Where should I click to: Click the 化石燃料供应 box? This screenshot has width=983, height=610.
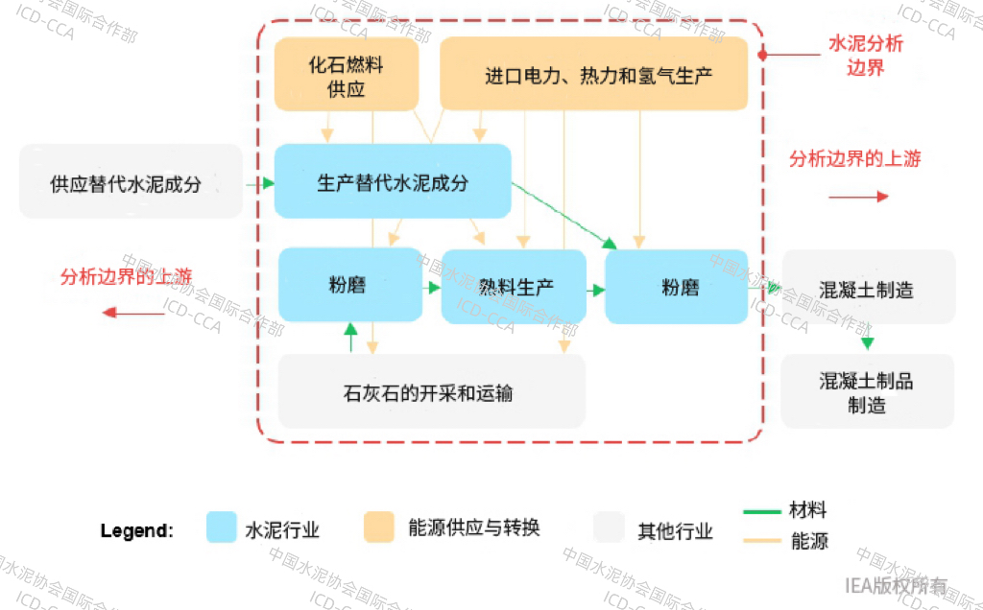[346, 75]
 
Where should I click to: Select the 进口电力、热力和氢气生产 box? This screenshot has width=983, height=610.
[593, 75]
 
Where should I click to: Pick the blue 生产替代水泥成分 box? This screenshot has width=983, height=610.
[392, 181]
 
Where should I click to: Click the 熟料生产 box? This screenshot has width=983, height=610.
[514, 286]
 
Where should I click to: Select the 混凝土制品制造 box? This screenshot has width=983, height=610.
[868, 391]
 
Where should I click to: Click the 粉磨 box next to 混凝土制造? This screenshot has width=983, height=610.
[677, 286]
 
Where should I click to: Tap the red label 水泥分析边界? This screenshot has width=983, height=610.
[866, 56]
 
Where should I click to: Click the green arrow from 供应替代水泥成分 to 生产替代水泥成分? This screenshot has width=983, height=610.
[258, 181]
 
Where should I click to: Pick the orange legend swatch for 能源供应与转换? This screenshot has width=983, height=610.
[378, 528]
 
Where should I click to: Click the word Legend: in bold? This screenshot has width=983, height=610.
[137, 530]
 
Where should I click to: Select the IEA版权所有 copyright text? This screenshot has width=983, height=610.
[896, 586]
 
